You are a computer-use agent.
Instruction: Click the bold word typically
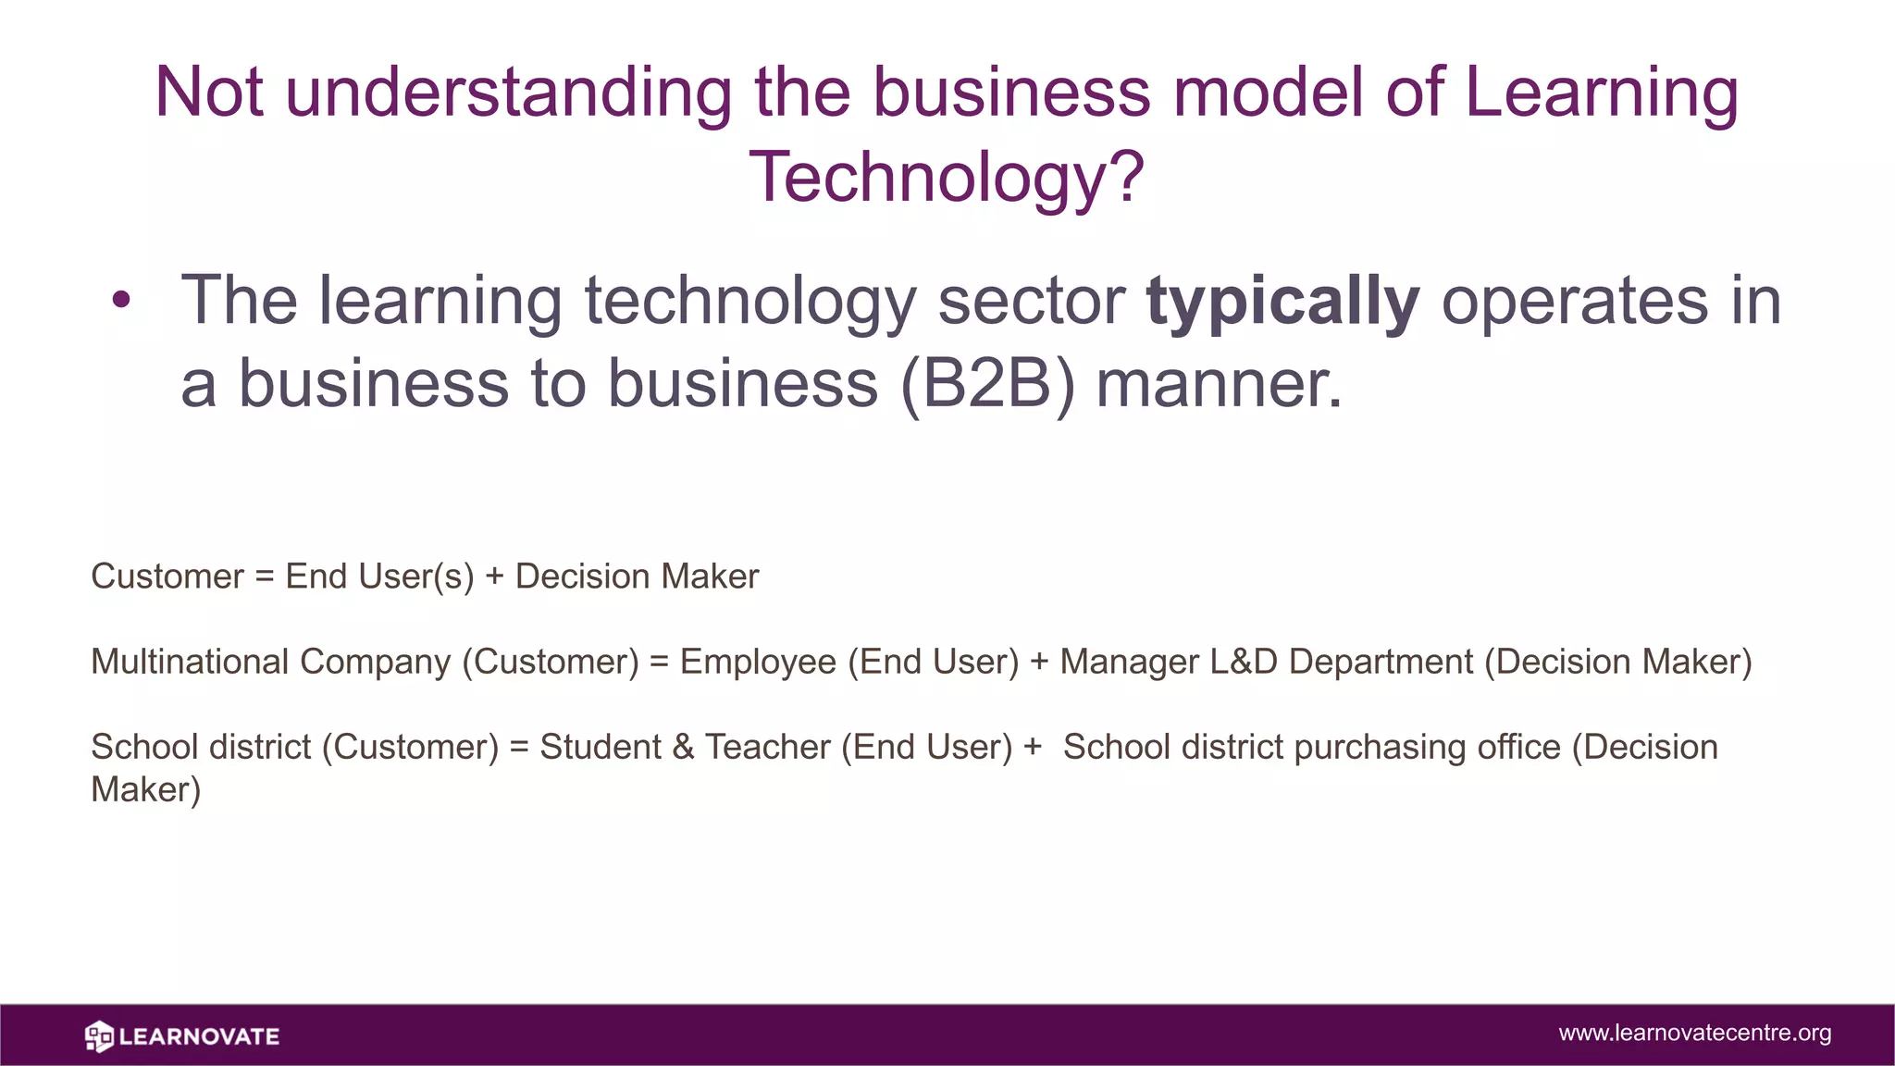(1282, 302)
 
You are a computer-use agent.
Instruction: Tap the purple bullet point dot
(121, 300)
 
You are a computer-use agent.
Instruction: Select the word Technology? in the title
(947, 178)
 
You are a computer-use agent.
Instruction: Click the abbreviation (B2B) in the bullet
(987, 384)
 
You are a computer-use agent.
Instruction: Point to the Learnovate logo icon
(99, 1036)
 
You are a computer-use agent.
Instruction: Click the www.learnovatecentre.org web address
(1694, 1033)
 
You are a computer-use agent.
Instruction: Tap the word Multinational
(190, 662)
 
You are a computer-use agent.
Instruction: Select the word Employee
(758, 662)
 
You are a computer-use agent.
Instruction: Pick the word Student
(600, 747)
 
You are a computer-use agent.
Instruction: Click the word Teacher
(767, 747)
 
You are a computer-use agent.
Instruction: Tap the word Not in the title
(209, 93)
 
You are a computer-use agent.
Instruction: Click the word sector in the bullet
(1031, 302)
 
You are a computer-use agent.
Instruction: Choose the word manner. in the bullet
(1219, 384)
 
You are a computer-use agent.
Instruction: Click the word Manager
(1129, 662)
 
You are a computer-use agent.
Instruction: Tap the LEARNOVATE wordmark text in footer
(199, 1036)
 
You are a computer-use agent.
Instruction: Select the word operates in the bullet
(1574, 302)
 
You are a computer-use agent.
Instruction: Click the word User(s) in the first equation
(415, 576)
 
